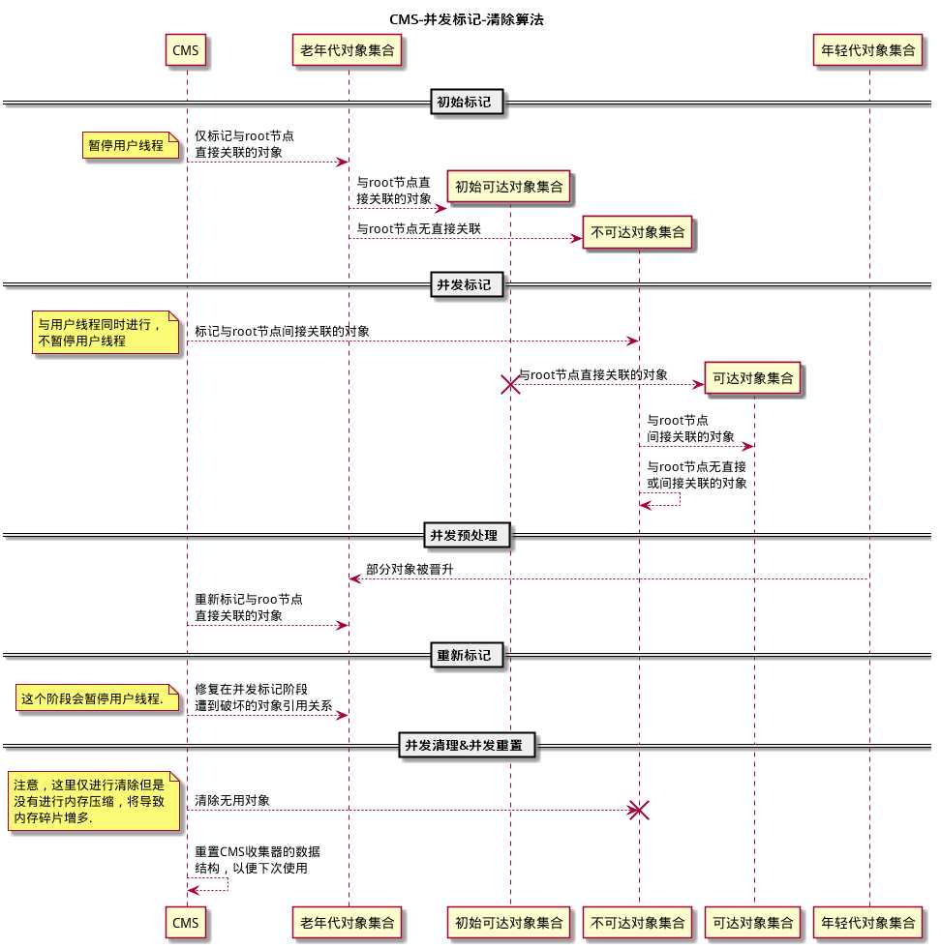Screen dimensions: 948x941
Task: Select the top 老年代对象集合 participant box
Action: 347,50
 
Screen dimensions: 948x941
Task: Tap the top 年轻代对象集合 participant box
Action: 867,50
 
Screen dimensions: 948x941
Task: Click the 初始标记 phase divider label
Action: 465,102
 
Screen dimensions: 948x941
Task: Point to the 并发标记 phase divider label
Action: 465,284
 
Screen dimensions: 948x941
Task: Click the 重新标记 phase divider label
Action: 465,656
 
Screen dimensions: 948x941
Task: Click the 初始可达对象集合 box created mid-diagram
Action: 509,187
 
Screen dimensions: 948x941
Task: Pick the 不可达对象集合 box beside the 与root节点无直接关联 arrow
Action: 637,232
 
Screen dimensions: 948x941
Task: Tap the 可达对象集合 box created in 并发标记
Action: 753,378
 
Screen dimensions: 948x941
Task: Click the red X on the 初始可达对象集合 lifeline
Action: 509,384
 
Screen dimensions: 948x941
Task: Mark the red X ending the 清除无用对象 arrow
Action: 638,811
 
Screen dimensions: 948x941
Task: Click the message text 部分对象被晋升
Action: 410,570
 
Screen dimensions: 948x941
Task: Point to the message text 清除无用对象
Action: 232,800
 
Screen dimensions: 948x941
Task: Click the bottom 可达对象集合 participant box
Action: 753,923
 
